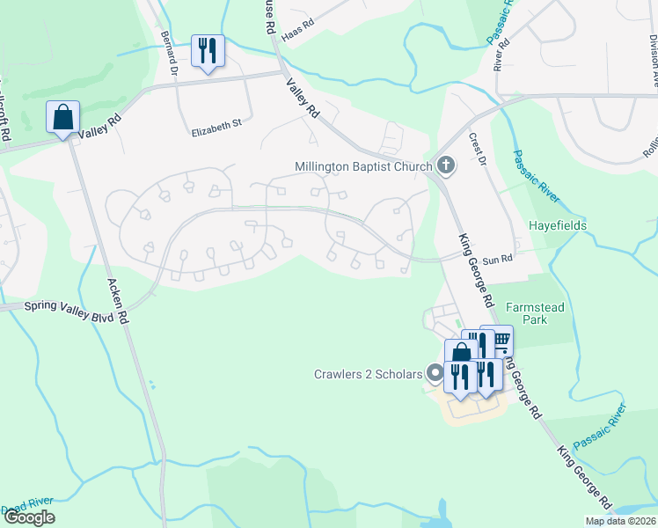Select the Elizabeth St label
click(216, 126)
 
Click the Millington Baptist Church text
click(363, 166)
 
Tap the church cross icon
click(446, 165)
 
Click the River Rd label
click(502, 55)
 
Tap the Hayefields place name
click(557, 226)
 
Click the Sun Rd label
click(497, 257)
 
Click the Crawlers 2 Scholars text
click(369, 375)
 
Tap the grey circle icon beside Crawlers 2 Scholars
click(434, 374)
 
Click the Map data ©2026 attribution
click(620, 521)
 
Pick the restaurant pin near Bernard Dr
click(208, 51)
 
